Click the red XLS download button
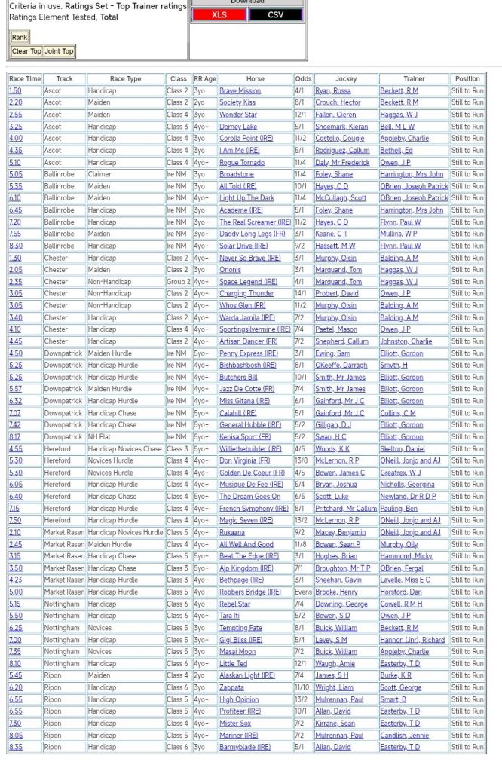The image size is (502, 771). [219, 14]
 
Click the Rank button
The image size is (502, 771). [20, 37]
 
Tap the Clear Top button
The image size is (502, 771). [26, 51]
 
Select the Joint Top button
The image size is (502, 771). [59, 51]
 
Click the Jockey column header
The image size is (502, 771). [346, 78]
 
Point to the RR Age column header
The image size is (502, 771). [204, 78]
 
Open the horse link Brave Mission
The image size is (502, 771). [240, 90]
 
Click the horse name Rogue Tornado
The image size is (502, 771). [241, 162]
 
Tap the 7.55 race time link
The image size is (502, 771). [15, 234]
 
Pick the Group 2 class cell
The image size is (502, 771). [179, 281]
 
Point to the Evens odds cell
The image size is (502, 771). [302, 592]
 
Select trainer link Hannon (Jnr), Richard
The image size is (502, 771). [412, 639]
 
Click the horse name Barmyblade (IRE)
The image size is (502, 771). [244, 747]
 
